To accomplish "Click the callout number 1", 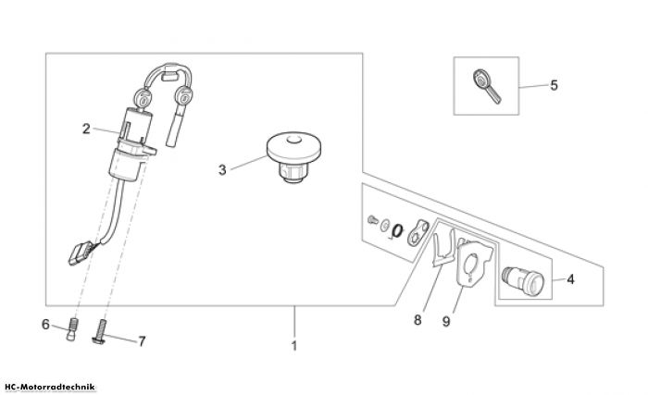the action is tap(294, 346).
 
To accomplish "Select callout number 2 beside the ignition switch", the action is tap(86, 129).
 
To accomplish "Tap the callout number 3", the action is tap(222, 170).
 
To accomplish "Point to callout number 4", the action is tap(570, 279).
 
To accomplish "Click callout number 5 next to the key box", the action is tap(554, 85).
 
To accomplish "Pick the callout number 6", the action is tap(45, 325).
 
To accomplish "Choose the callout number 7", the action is tap(142, 341).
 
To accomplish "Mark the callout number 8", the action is tap(417, 319).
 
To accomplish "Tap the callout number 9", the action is tap(446, 321).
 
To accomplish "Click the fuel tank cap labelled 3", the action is tap(293, 157).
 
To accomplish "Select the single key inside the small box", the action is tap(486, 86).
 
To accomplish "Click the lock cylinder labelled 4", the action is tap(523, 280).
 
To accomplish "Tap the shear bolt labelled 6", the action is tap(72, 329).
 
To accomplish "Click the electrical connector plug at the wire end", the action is tap(81, 253).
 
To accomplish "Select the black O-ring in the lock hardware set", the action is tap(397, 231).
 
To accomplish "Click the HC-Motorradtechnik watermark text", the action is tap(48, 388).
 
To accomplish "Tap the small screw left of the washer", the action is tap(372, 220).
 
